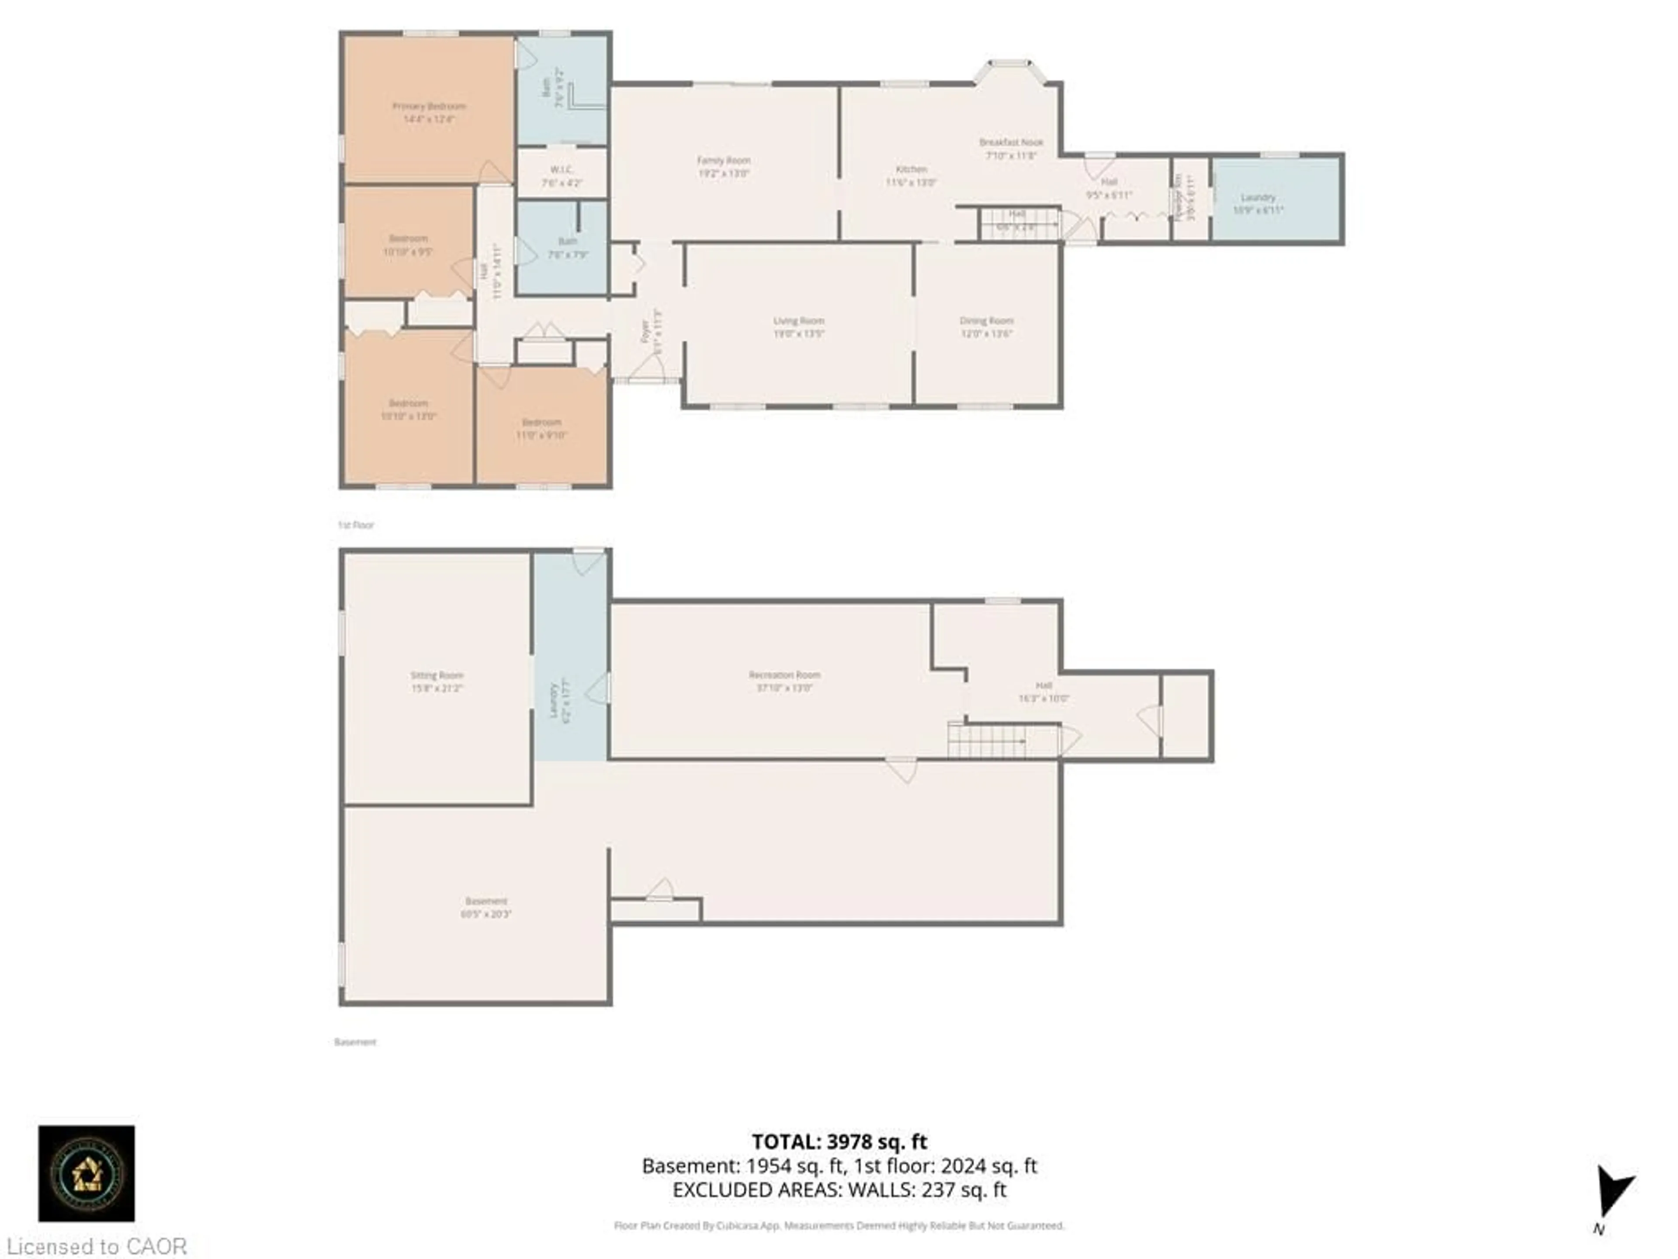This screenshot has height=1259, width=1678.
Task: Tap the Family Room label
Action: pyautogui.click(x=724, y=160)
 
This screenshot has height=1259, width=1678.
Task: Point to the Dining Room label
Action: pyautogui.click(x=986, y=320)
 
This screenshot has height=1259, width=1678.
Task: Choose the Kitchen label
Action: pyautogui.click(x=911, y=169)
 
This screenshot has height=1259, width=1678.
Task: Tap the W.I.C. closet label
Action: pyautogui.click(x=562, y=169)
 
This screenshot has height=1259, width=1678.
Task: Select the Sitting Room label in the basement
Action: pyautogui.click(x=437, y=675)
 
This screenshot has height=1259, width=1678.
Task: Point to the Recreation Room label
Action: pyautogui.click(x=784, y=674)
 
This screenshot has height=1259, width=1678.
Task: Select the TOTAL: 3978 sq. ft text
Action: pyautogui.click(x=839, y=1141)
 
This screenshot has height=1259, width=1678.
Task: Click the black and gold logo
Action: pyautogui.click(x=87, y=1173)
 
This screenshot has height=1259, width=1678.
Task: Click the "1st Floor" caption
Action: pyautogui.click(x=356, y=525)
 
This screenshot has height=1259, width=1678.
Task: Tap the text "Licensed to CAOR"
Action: pyautogui.click(x=96, y=1246)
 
